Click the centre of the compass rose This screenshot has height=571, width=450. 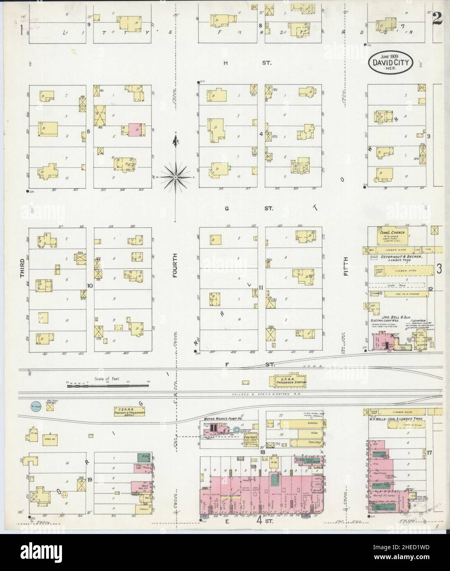[176, 177]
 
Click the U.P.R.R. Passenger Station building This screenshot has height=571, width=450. [290, 380]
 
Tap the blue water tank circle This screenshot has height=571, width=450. [36, 406]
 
